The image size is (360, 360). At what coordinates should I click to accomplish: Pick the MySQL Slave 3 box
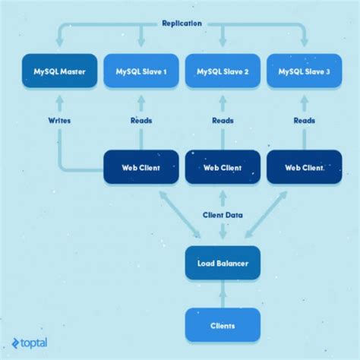coord(304,72)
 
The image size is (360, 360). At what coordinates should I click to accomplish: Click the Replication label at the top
coord(182,24)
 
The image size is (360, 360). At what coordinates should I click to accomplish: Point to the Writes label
coord(59,120)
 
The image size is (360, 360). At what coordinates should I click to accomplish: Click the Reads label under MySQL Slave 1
coord(141,120)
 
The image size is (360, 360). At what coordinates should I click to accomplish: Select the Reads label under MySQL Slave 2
coord(223,120)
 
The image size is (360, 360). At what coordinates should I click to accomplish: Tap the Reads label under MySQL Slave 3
coord(305,120)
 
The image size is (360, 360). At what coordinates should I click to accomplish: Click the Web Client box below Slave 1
coord(141,167)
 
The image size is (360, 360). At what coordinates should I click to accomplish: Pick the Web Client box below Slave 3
coord(305,167)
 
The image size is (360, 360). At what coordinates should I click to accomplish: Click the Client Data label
coord(223,215)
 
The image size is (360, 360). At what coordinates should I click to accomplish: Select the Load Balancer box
coord(223,263)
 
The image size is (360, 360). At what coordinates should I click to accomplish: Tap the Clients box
coord(223,325)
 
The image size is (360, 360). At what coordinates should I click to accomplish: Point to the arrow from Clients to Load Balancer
coord(223,295)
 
